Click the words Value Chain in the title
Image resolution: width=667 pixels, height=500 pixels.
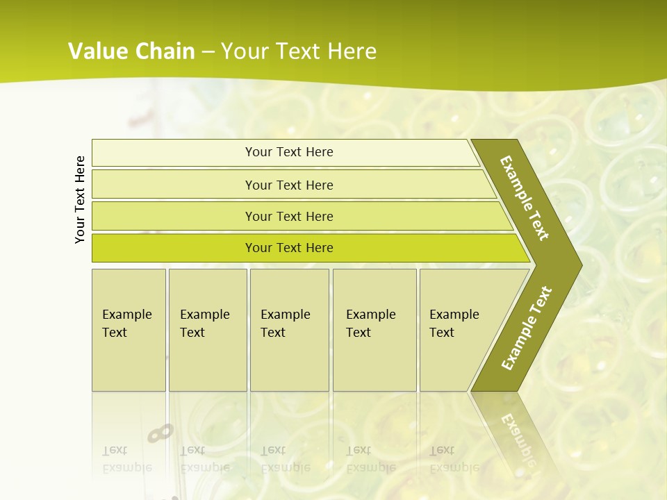pyautogui.click(x=131, y=51)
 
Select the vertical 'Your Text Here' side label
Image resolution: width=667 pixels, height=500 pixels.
pyautogui.click(x=80, y=199)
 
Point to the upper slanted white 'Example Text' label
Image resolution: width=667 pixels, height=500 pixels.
pyautogui.click(x=525, y=198)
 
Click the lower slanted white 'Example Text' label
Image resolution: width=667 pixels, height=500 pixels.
pyautogui.click(x=526, y=328)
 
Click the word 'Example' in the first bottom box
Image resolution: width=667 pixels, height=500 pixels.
pyautogui.click(x=126, y=314)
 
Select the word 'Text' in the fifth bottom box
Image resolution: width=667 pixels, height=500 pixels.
pyautogui.click(x=442, y=333)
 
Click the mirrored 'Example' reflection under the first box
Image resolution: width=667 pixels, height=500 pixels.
pyautogui.click(x=126, y=467)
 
